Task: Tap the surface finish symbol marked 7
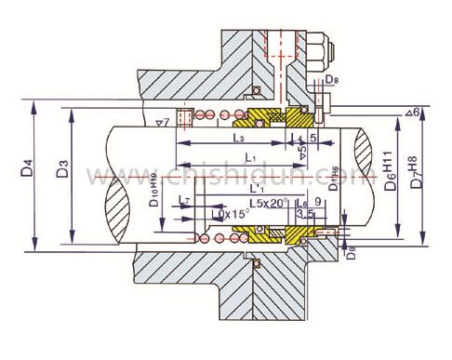tap(161, 121)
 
